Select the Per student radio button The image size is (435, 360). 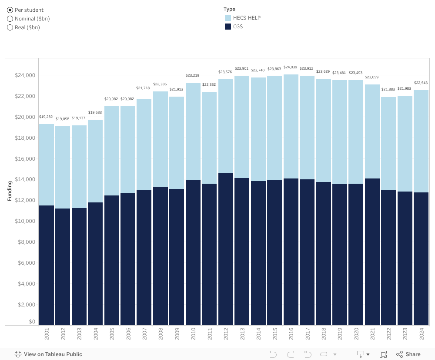click(10, 10)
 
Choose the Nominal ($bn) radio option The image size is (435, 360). click(10, 19)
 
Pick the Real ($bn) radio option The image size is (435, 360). click(10, 27)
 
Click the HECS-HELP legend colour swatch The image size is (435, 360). click(228, 18)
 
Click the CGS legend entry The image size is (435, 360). click(238, 27)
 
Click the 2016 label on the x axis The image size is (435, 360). click(291, 334)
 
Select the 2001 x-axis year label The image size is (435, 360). click(47, 334)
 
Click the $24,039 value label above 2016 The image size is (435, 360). click(291, 67)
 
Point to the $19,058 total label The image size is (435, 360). click(63, 119)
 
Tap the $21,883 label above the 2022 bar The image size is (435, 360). click(388, 89)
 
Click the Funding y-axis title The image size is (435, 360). click(10, 191)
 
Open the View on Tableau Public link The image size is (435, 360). click(48, 354)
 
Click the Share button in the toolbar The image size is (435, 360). click(408, 354)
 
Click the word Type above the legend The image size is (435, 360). click(229, 9)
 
